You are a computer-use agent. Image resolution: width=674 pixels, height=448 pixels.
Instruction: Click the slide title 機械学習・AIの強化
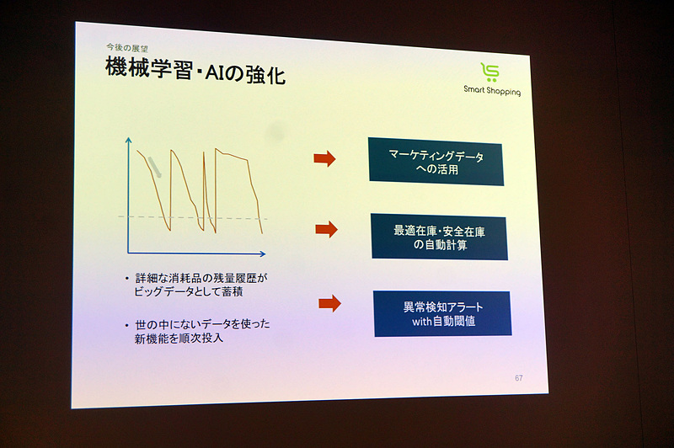pyautogui.click(x=195, y=72)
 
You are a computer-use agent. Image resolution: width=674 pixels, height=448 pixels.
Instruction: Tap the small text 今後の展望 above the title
pyautogui.click(x=125, y=49)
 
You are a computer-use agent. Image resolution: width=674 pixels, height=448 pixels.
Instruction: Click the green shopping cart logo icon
pyautogui.click(x=489, y=72)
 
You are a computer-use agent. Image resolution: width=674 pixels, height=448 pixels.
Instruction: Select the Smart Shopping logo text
pyautogui.click(x=491, y=91)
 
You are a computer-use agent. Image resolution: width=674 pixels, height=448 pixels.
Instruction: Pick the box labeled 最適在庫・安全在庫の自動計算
pyautogui.click(x=438, y=236)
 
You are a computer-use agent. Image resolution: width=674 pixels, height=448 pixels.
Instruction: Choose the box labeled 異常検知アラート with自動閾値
pyautogui.click(x=442, y=312)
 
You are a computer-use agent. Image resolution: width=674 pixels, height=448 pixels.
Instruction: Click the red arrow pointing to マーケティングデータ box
pyautogui.click(x=324, y=158)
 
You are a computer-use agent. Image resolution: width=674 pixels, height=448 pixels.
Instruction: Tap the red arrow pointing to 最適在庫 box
pyautogui.click(x=326, y=229)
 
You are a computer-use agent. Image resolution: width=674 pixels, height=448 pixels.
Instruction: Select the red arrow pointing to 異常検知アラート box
pyautogui.click(x=329, y=303)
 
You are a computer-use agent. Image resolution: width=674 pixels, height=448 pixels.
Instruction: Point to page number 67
pyautogui.click(x=519, y=378)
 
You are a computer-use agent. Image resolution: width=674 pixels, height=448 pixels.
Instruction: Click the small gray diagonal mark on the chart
pyautogui.click(x=153, y=166)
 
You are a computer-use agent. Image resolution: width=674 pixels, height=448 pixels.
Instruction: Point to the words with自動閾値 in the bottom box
pyautogui.click(x=444, y=321)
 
